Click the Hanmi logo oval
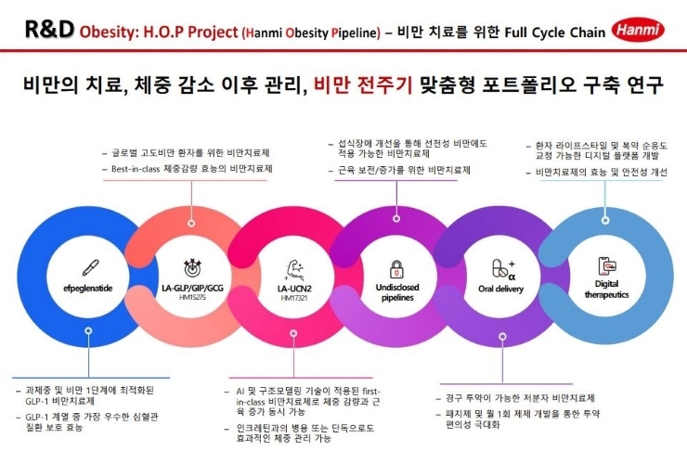click(x=638, y=30)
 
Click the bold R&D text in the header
click(x=49, y=30)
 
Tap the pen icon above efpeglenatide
click(x=90, y=267)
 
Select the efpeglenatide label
click(x=87, y=289)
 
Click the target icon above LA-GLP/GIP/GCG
click(x=192, y=267)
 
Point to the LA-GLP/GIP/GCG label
click(x=192, y=288)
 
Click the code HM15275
click(x=192, y=298)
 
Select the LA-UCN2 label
click(x=294, y=289)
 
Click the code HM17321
click(x=294, y=298)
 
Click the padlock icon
click(x=397, y=268)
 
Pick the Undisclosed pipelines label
click(x=397, y=292)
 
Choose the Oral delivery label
click(x=500, y=289)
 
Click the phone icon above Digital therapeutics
click(x=607, y=266)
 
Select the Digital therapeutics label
click(x=607, y=290)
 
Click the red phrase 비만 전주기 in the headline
click(x=363, y=84)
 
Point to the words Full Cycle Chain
click(x=555, y=32)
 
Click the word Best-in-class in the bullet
click(x=136, y=169)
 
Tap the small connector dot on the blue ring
click(x=88, y=330)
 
